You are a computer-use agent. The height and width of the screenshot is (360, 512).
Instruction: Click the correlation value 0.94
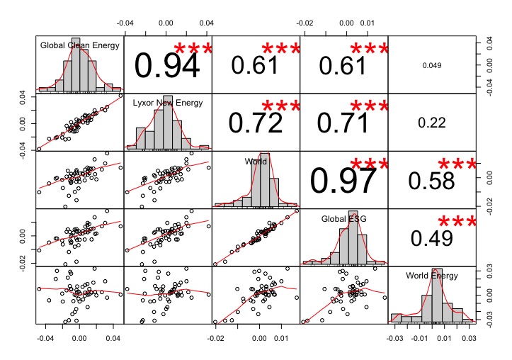pos(167,67)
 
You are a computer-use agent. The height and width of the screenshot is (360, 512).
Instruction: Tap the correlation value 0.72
pos(257,122)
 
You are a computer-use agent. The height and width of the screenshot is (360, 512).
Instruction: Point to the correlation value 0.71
pos(344,122)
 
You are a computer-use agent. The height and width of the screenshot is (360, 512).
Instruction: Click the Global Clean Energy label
pos(79,46)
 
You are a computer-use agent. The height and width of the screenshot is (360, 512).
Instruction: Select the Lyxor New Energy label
pos(168,103)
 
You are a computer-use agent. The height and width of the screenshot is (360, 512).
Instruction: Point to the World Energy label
pos(432,276)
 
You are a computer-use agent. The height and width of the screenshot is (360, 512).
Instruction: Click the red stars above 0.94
pos(193,50)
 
